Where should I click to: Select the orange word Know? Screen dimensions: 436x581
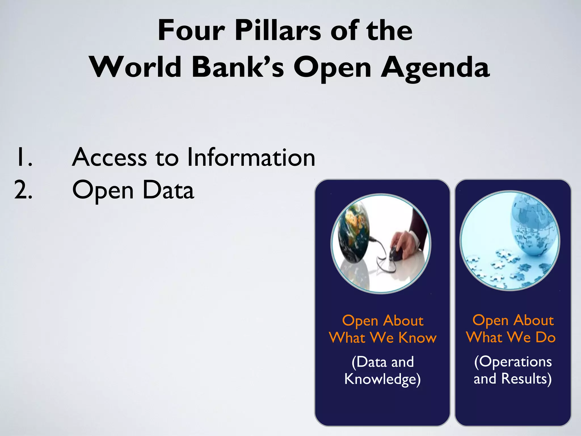(417, 338)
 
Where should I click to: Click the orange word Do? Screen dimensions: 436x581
(545, 337)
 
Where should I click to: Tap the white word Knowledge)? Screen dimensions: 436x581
(382, 379)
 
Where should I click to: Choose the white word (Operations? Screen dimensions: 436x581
(513, 362)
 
